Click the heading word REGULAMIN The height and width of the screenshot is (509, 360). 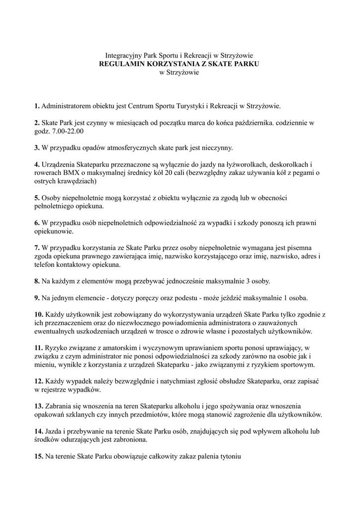(x=121, y=64)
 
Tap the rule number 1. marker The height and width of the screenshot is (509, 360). (x=37, y=106)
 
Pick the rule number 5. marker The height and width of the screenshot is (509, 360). (x=37, y=198)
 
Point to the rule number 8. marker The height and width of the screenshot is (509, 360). (x=37, y=281)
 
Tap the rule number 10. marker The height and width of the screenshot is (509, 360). (x=39, y=315)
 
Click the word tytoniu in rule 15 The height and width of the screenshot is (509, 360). (x=229, y=457)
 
